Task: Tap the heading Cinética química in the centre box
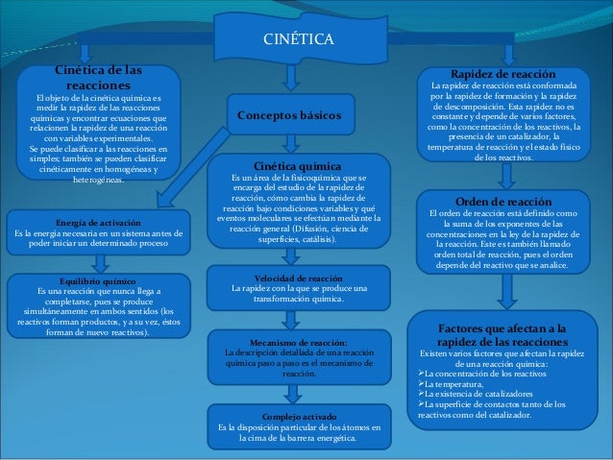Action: click(x=299, y=165)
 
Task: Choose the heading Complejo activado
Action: click(x=299, y=416)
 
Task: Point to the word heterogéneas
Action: click(x=92, y=180)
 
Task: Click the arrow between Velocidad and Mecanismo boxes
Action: click(x=299, y=318)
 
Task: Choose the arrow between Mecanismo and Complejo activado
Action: click(x=299, y=393)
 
